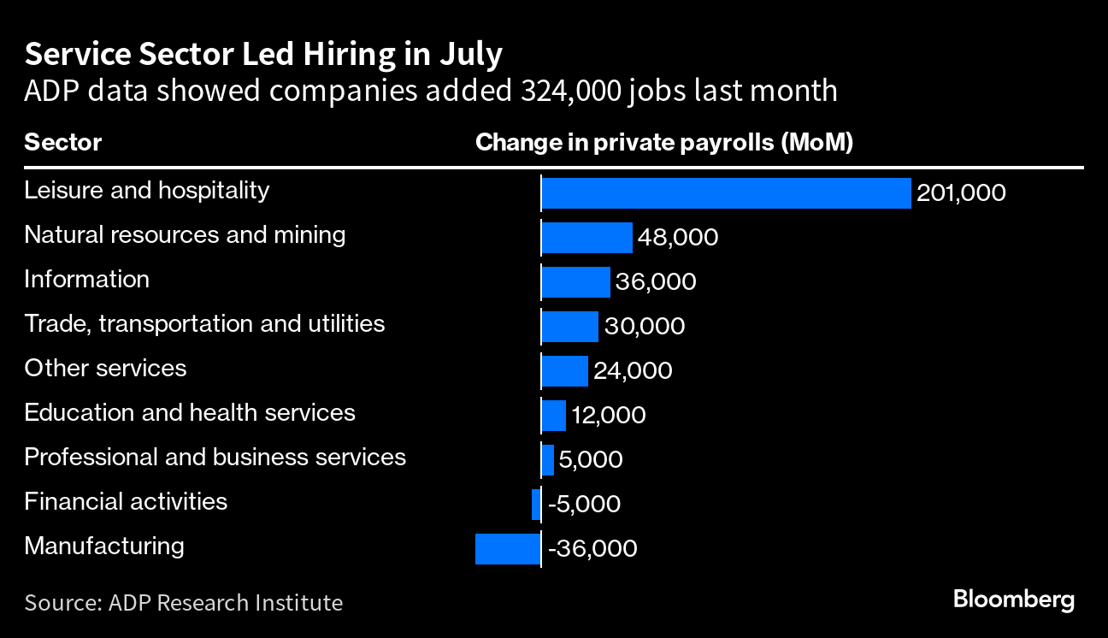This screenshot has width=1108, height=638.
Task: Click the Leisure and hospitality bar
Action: pyautogui.click(x=726, y=193)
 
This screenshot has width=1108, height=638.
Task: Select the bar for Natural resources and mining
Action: pyautogui.click(x=587, y=238)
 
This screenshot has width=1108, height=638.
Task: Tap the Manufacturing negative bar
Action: pyautogui.click(x=508, y=549)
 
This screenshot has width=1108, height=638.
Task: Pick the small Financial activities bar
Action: pyautogui.click(x=536, y=505)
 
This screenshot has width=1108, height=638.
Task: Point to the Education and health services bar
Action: pyautogui.click(x=554, y=416)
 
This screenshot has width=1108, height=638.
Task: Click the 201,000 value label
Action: pyautogui.click(x=961, y=193)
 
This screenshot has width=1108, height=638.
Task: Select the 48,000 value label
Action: pyautogui.click(x=678, y=238)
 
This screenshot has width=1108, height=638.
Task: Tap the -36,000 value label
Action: pyautogui.click(x=592, y=549)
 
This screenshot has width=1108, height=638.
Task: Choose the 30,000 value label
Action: pyautogui.click(x=645, y=326)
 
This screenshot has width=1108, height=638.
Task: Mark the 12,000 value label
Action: pyautogui.click(x=609, y=416)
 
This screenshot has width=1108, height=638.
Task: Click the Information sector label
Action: pyautogui.click(x=86, y=279)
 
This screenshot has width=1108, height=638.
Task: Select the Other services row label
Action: pyautogui.click(x=105, y=369)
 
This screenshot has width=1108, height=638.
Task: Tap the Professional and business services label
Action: pyautogui.click(x=215, y=457)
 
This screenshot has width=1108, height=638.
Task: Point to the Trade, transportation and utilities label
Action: pyautogui.click(x=204, y=324)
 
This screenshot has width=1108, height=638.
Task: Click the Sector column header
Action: pyautogui.click(x=62, y=143)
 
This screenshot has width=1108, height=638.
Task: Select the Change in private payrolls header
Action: pyautogui.click(x=664, y=143)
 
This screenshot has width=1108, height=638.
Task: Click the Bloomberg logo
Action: pyautogui.click(x=1014, y=600)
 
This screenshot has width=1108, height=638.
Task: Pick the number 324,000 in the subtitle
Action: pyautogui.click(x=571, y=91)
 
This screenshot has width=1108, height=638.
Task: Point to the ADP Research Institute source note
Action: pyautogui.click(x=184, y=603)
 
